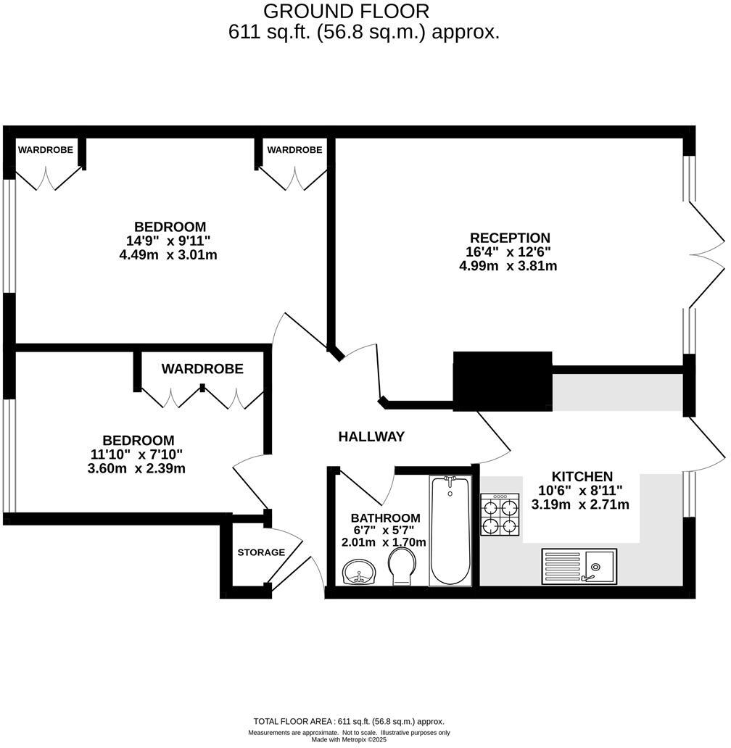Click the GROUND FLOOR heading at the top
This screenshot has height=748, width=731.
point(346,12)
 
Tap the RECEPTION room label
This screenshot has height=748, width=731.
point(510,238)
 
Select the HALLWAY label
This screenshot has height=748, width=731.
point(371,436)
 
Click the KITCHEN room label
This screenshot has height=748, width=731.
point(582,476)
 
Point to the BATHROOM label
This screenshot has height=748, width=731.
point(385,518)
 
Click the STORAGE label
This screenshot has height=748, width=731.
point(261,552)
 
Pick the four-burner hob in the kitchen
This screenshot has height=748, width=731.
point(500,515)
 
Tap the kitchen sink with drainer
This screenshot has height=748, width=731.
point(579,565)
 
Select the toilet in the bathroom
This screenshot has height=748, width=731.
point(401,565)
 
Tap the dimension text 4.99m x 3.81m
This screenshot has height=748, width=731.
point(508,266)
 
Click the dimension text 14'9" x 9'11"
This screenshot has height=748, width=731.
point(168,241)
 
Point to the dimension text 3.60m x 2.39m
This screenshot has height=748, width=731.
point(136,468)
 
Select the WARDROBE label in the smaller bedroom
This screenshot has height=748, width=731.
point(202,369)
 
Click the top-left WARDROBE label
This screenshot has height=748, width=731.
point(45,150)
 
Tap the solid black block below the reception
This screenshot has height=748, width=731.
point(503,381)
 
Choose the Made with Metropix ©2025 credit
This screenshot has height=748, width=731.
point(349,740)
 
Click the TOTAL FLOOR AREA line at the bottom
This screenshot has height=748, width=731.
point(349,721)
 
